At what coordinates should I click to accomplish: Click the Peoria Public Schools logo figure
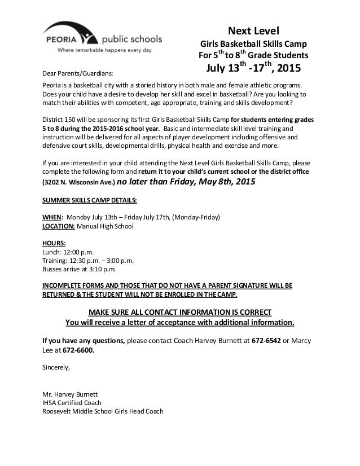[88, 35]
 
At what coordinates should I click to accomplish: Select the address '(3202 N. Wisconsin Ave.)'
[79, 183]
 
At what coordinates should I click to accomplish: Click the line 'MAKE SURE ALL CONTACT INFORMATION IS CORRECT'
[180, 313]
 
